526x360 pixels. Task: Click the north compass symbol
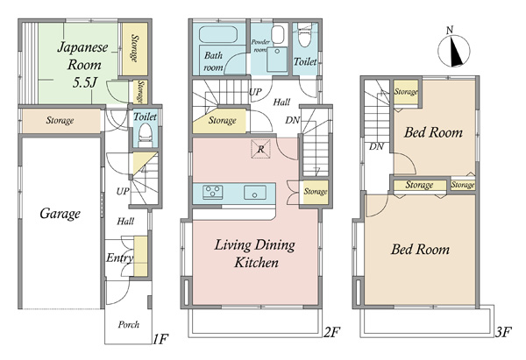[453, 49]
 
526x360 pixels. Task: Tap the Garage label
[60, 214]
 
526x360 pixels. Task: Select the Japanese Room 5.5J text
[83, 65]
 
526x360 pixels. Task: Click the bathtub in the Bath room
[218, 35]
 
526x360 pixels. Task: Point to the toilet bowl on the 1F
[146, 134]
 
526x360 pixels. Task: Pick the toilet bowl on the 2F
[304, 36]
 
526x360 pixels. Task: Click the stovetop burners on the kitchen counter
[213, 193]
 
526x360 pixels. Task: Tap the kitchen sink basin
[255, 193]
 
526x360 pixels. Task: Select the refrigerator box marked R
[260, 149]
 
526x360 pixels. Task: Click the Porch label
[129, 324]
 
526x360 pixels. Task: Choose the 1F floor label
[160, 339]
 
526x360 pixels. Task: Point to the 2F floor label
[331, 332]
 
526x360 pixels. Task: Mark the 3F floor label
[503, 332]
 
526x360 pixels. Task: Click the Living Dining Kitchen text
[255, 253]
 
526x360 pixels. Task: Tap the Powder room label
[260, 46]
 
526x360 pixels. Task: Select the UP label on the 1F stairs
[123, 191]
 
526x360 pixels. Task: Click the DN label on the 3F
[376, 146]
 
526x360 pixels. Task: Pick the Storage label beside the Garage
[60, 120]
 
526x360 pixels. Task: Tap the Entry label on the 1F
[119, 258]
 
